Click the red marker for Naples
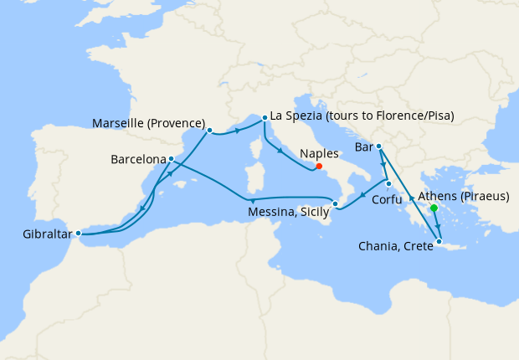coord(319,166)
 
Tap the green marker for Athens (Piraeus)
coord(434,208)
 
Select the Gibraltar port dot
coord(78,233)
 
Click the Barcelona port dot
coord(171,158)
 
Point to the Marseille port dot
coord(209,130)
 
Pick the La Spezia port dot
coord(265,118)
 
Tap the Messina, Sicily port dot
coord(335,204)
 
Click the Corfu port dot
coord(388,183)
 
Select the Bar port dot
coord(378,147)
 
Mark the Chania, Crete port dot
coord(439,243)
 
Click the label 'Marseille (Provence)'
coord(149,123)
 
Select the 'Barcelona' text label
coord(137,158)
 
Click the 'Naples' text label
coord(320,154)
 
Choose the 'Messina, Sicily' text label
coord(290,213)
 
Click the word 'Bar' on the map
coord(363,147)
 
